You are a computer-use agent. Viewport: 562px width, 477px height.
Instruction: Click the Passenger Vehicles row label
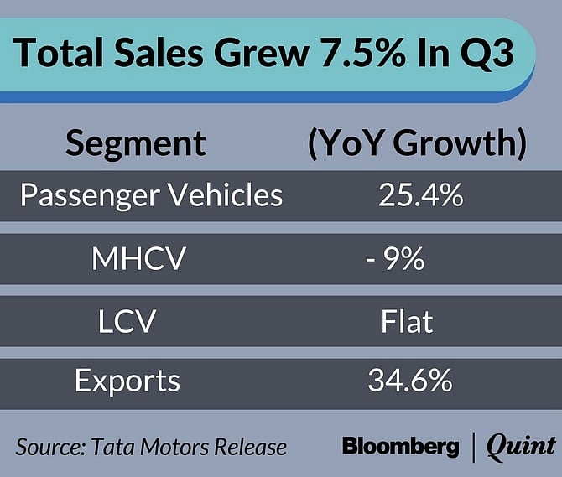151,195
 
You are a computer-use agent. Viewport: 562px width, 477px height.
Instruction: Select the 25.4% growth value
409,195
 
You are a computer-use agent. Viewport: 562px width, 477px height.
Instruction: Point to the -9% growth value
394,259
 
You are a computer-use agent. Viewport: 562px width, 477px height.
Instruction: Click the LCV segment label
134,319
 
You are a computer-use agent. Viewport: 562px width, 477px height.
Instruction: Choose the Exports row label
127,381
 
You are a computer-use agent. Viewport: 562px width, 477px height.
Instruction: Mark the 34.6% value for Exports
409,381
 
